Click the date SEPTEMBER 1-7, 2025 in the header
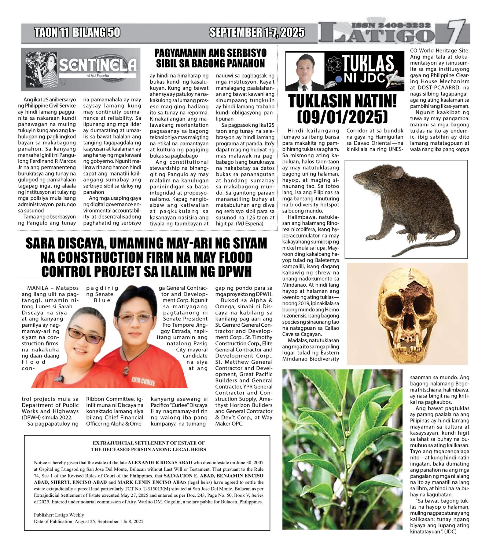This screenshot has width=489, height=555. [257, 32]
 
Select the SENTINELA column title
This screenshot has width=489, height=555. [98, 65]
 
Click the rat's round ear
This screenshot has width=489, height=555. [396, 173]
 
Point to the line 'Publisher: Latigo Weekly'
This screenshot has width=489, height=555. [59, 515]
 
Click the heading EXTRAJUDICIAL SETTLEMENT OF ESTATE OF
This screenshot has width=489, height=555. [149, 443]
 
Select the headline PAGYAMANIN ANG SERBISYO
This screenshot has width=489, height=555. [210, 53]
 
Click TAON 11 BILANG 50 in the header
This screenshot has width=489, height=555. [77, 32]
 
